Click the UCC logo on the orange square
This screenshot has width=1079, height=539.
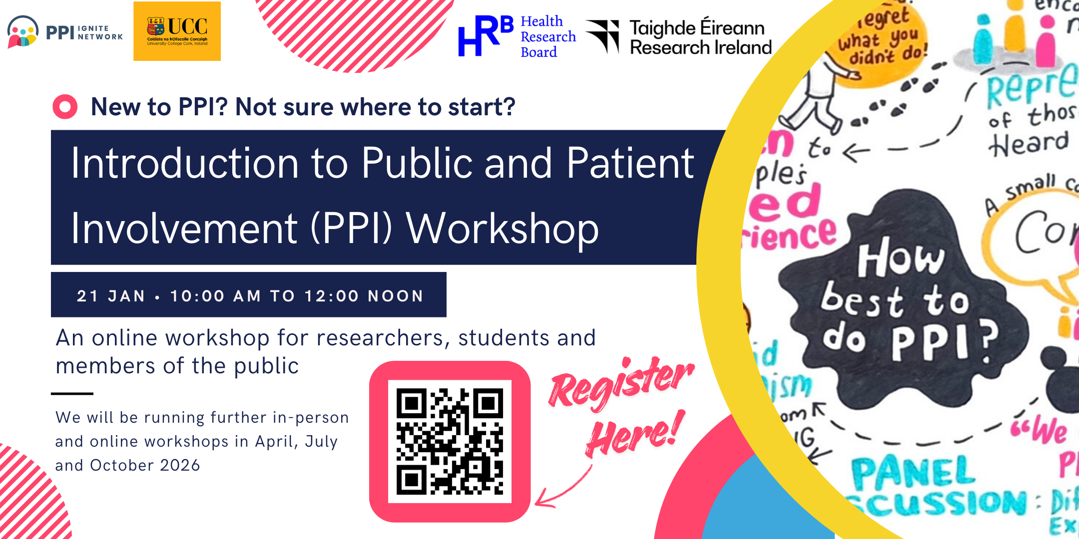coord(177,31)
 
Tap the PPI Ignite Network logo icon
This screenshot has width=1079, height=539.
coord(23,32)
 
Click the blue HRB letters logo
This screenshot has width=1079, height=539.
coord(485,36)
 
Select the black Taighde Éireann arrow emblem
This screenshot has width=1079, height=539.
coord(603,36)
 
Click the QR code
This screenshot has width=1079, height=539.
coord(450,442)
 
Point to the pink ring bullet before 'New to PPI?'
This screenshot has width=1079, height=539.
coord(65,107)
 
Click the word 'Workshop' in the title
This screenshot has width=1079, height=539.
coord(502,229)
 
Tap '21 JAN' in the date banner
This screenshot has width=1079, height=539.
coord(111,296)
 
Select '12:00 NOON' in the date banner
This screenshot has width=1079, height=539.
coord(364,296)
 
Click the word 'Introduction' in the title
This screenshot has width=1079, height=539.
coord(185,164)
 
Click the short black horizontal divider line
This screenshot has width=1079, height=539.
coord(72,394)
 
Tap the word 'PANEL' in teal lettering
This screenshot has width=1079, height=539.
coord(913,473)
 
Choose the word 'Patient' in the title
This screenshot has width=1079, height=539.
coord(630,164)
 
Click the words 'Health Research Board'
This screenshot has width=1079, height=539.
coord(547,36)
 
